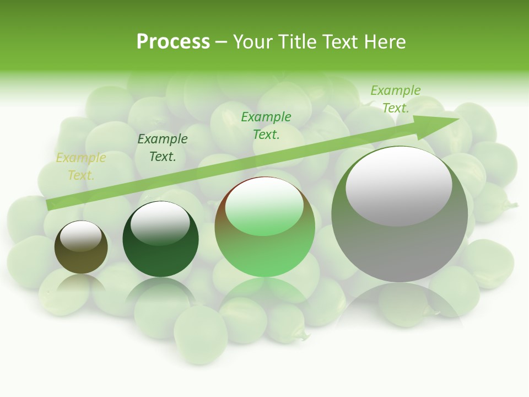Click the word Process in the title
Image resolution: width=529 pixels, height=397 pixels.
pyautogui.click(x=173, y=42)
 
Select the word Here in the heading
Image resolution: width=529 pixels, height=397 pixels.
pyautogui.click(x=384, y=42)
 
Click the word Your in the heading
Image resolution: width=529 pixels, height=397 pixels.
pyautogui.click(x=255, y=42)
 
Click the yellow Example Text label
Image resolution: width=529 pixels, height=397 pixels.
pyautogui.click(x=81, y=167)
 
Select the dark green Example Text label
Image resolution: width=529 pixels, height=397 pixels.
pyautogui.click(x=163, y=148)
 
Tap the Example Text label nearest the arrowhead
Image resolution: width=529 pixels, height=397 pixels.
pyautogui.click(x=396, y=99)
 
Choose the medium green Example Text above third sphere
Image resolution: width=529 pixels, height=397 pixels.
pyautogui.click(x=266, y=126)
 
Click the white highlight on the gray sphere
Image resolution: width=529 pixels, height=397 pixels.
pyautogui.click(x=399, y=186)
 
